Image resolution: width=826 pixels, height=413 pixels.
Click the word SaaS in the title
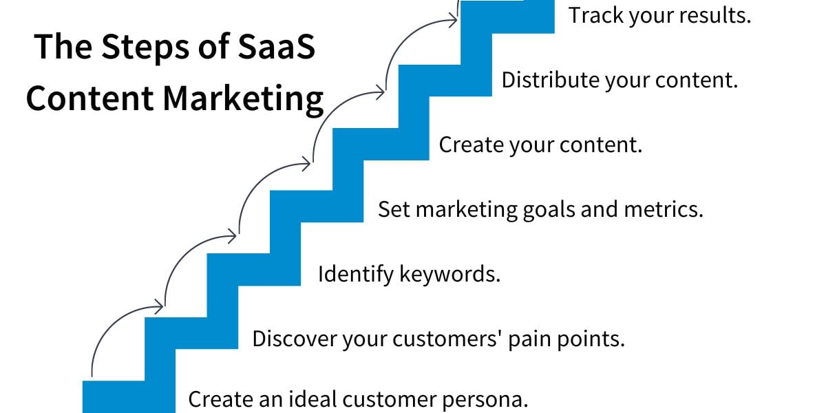tap(277, 47)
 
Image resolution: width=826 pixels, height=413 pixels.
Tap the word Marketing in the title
tap(243, 100)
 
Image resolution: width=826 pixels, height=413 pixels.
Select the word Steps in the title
tap(145, 48)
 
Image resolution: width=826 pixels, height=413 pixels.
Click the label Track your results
tap(659, 16)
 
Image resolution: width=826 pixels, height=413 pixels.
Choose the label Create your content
tap(540, 145)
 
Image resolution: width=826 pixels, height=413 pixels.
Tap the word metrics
tap(664, 209)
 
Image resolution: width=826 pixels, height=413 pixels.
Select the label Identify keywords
tap(409, 275)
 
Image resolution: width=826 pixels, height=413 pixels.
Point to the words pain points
tap(566, 339)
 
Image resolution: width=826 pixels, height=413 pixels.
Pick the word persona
tap(485, 399)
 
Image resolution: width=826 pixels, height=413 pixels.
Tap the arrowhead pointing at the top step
tap(453, 20)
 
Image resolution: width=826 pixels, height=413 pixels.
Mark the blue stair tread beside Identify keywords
tap(254, 270)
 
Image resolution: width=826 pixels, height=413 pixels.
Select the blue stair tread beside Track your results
tap(507, 17)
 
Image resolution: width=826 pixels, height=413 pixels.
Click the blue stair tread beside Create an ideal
tap(129, 396)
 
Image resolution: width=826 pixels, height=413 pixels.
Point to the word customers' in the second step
tap(447, 339)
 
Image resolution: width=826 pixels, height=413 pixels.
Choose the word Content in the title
tap(90, 99)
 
